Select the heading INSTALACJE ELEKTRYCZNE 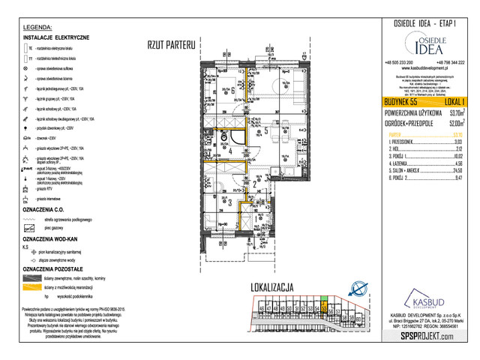point(57,37)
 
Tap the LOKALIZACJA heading point(272,288)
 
